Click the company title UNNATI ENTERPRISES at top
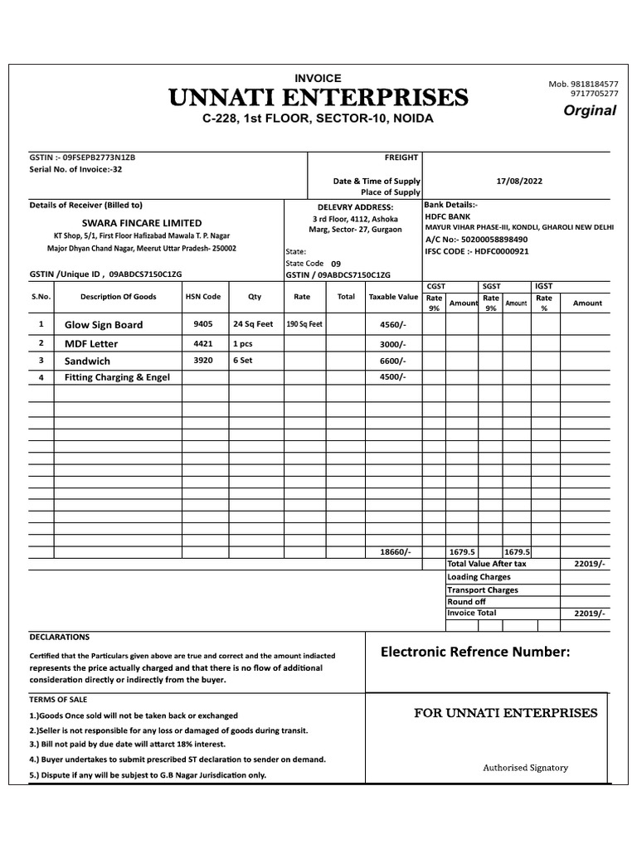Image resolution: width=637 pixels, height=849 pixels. (318, 99)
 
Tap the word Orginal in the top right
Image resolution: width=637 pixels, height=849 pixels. (590, 111)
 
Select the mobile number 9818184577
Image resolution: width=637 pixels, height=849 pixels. (590, 85)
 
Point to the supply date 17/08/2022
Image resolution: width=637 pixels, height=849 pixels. (519, 181)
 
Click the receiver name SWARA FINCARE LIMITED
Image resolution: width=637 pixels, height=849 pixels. (141, 222)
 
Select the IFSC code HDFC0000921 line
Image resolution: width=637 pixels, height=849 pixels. (476, 250)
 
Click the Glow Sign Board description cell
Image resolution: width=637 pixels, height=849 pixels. (104, 325)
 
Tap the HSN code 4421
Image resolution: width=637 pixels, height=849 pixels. (203, 343)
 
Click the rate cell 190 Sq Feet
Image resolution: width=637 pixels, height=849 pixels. (303, 325)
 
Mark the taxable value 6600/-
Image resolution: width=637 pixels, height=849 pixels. (393, 361)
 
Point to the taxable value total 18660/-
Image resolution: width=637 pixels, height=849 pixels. (395, 551)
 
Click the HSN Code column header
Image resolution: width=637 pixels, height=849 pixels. (203, 296)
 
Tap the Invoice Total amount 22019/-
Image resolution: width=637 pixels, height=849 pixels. (590, 614)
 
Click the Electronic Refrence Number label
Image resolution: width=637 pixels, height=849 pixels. (475, 652)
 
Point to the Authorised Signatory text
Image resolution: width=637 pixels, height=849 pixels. (526, 768)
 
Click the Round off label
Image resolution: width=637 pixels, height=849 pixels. (466, 601)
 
